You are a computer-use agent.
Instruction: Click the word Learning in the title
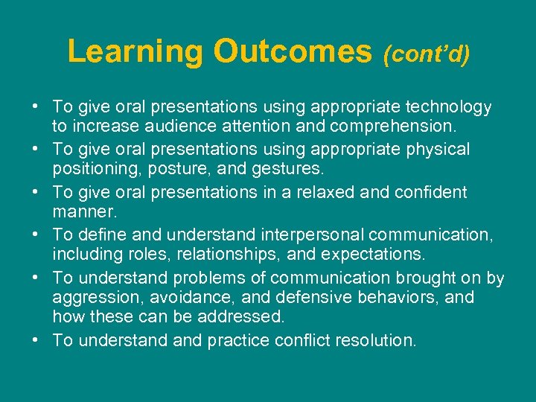click(x=135, y=51)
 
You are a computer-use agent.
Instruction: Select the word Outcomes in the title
click(x=292, y=51)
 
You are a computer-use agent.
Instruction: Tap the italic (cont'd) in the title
click(x=426, y=54)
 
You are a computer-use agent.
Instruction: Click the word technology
click(x=450, y=107)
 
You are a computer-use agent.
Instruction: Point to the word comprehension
click(x=395, y=127)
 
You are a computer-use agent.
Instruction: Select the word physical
click(x=438, y=150)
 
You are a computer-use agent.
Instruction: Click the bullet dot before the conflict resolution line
click(x=36, y=339)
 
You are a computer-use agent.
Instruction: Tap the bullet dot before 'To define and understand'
click(x=36, y=234)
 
